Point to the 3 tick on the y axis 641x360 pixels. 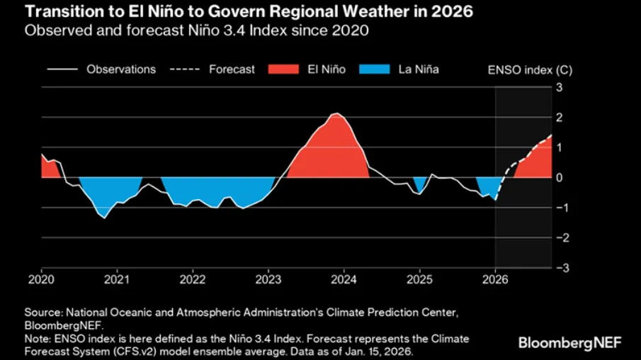tap(558, 87)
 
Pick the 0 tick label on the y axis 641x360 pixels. tap(558, 177)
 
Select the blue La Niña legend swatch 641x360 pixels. tap(376, 69)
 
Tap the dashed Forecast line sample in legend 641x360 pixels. tap(185, 69)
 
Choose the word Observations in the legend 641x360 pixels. tap(121, 69)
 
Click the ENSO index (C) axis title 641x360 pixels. tap(520, 69)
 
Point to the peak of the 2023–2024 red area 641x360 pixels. tap(338, 113)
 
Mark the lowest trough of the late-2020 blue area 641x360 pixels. tap(105, 218)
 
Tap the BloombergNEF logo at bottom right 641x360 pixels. tap(570, 342)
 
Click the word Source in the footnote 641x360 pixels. tap(42, 313)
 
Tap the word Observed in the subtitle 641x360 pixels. tap(51, 30)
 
